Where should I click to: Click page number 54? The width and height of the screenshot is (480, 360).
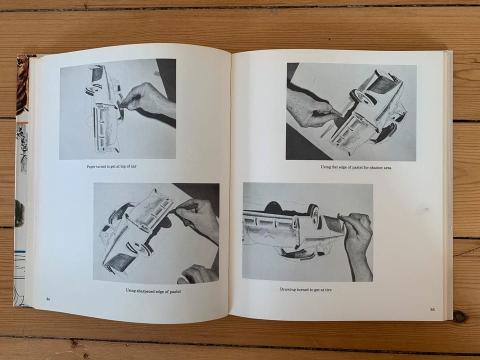[x=48, y=299]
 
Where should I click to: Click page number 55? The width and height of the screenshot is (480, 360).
[x=432, y=309]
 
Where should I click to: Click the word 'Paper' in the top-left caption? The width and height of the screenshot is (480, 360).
[x=91, y=166]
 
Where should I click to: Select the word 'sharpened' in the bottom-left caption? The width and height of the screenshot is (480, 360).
[x=145, y=291]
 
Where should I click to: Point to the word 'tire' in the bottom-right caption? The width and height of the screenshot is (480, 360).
[x=328, y=289]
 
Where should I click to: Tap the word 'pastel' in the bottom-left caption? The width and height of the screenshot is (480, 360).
[x=174, y=291]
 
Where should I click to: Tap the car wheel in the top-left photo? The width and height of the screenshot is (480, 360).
[x=93, y=90]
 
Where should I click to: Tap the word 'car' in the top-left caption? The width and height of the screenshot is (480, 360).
[x=133, y=166]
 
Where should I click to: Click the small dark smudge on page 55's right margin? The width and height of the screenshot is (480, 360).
[x=425, y=209]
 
